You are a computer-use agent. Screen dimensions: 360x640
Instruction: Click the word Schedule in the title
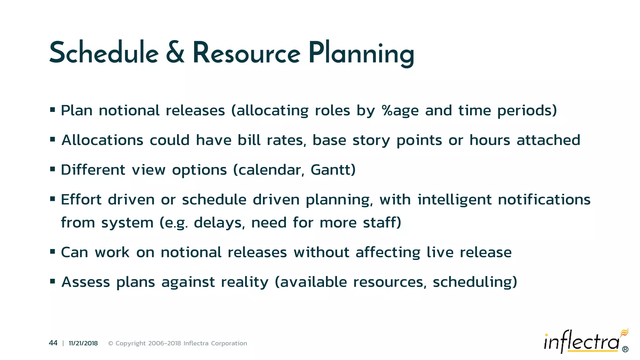(104, 53)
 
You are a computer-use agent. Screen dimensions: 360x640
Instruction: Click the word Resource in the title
(246, 53)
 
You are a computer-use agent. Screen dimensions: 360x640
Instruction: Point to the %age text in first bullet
(400, 111)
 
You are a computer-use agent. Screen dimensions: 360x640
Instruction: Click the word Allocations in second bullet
(102, 140)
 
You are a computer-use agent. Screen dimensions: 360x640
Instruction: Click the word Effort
(81, 199)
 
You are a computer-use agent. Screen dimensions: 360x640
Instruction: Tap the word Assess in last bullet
(86, 282)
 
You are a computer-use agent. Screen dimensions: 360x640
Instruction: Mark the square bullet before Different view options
(52, 169)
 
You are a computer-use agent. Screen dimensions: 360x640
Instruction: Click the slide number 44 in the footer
(53, 343)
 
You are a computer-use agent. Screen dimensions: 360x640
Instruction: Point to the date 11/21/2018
(83, 343)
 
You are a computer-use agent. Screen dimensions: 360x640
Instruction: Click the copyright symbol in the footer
(111, 343)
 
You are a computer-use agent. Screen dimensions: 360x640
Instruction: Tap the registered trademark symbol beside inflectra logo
(625, 349)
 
